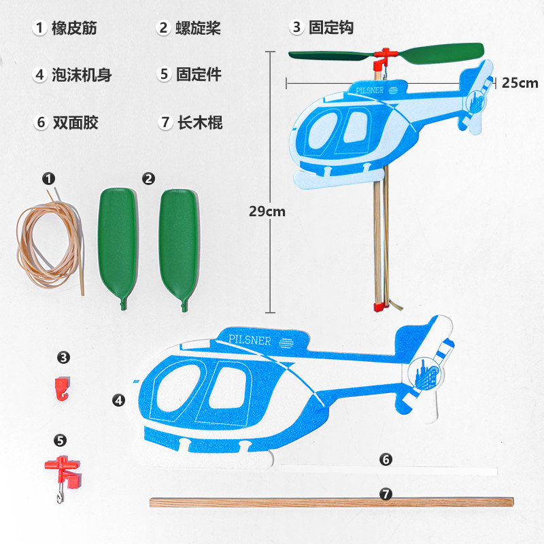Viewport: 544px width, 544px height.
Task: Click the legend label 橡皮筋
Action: (x=74, y=28)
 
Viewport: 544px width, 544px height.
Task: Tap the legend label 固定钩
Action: (x=330, y=28)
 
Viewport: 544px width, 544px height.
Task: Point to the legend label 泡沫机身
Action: (x=82, y=75)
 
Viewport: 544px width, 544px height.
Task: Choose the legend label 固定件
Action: (x=199, y=75)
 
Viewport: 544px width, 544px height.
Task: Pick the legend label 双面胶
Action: (x=75, y=122)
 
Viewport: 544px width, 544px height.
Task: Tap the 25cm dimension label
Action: (x=520, y=83)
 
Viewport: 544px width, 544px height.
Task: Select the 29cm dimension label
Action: (x=267, y=211)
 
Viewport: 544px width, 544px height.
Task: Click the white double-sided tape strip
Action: (x=388, y=471)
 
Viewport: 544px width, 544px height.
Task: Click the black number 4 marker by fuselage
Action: (x=119, y=401)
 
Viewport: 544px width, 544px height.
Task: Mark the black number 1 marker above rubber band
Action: (x=48, y=178)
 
